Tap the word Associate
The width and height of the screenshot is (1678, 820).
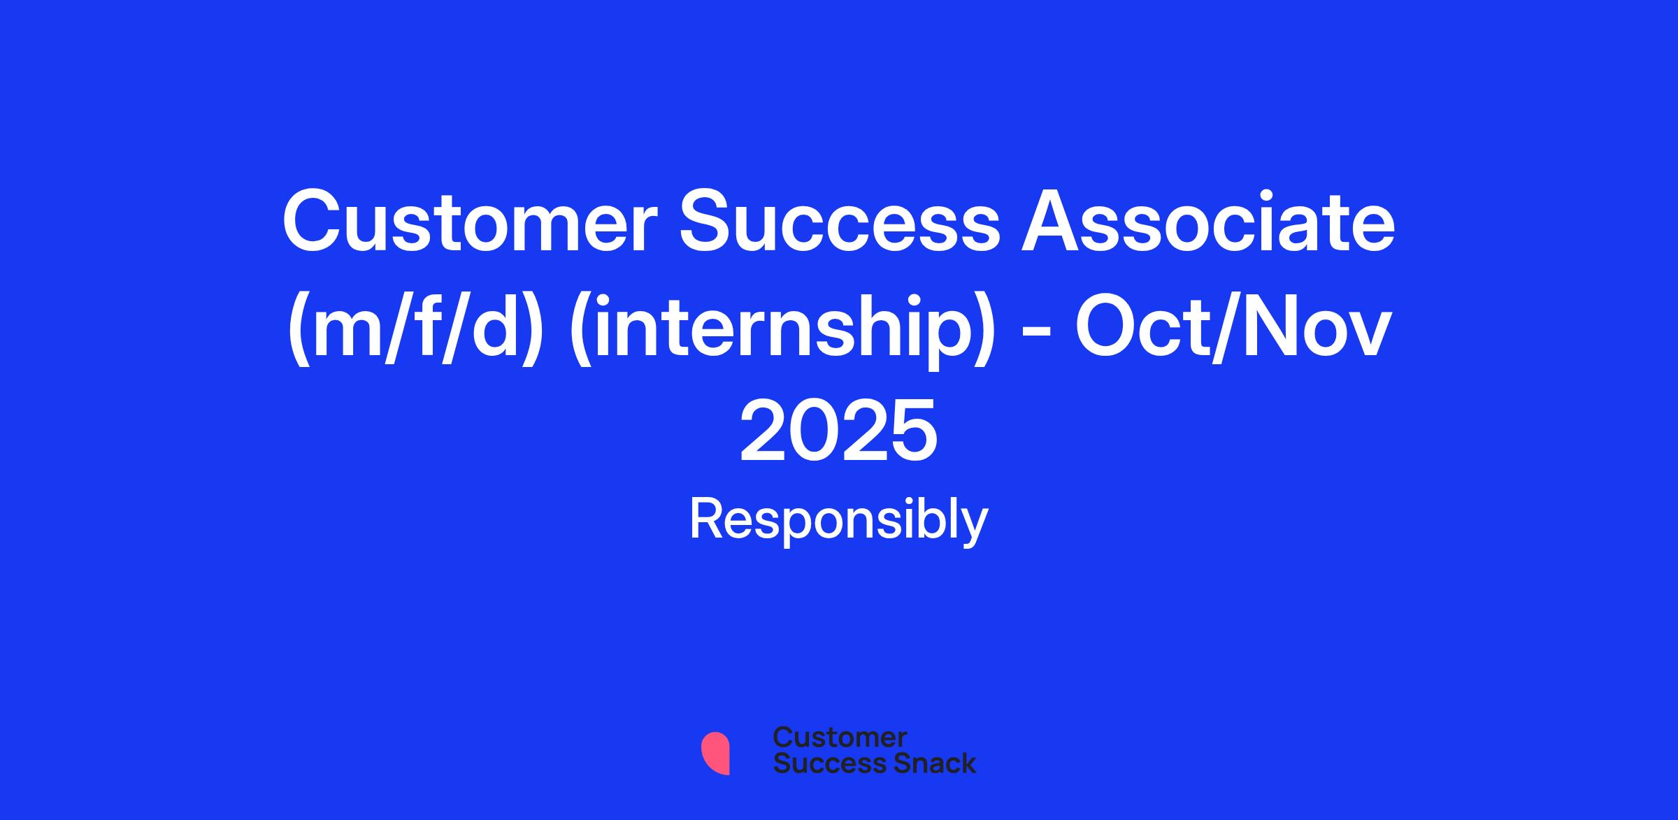coord(1208,221)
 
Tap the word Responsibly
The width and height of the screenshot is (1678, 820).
coord(839,521)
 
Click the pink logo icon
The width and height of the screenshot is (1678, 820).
coord(715,754)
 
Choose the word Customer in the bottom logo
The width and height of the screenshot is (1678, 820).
coord(840,737)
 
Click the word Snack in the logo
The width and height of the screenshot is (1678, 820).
coord(925,763)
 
